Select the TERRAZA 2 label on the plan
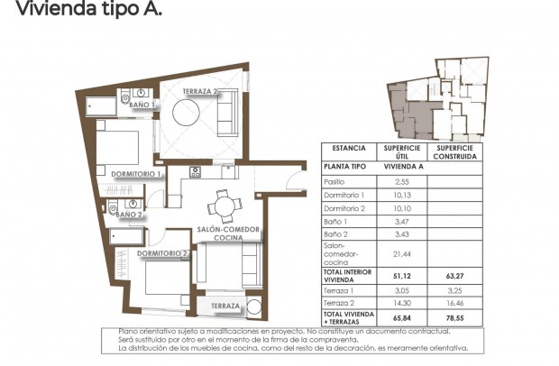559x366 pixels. tap(200, 91)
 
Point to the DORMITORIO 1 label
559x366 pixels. tap(135, 173)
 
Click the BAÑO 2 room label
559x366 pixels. tap(128, 215)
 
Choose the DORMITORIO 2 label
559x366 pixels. tap(163, 254)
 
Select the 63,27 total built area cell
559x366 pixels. tap(453, 276)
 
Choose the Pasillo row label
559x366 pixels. tap(335, 182)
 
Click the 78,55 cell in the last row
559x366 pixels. tap(453, 317)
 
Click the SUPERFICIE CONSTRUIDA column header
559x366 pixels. tap(453, 151)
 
